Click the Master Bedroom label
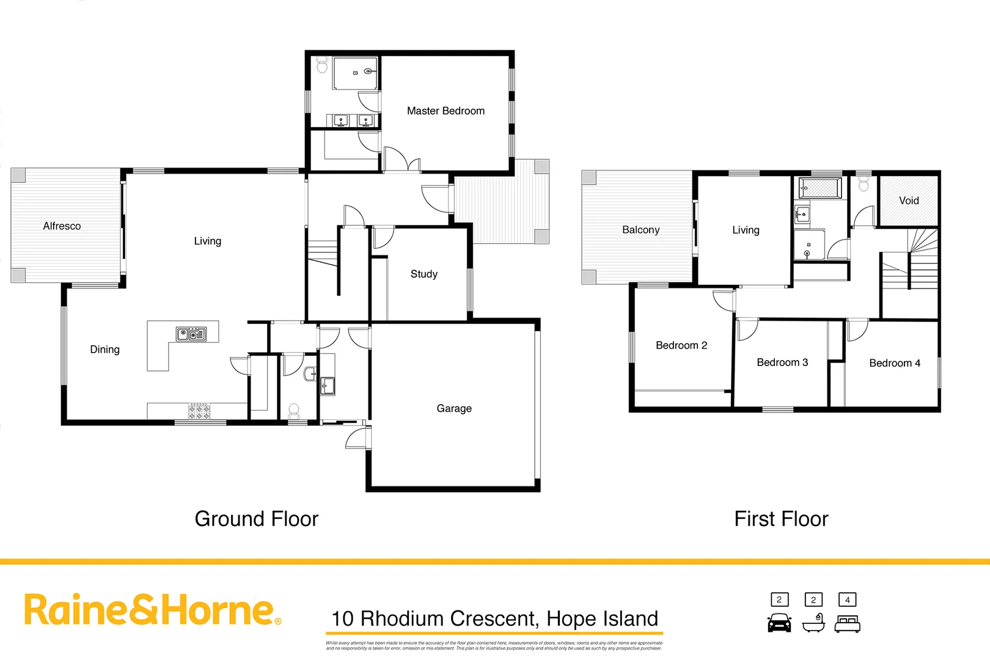[x=446, y=111]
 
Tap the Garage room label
[x=454, y=409]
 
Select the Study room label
[x=424, y=274]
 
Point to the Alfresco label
[x=62, y=226]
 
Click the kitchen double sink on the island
[x=191, y=334]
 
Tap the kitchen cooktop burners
[x=199, y=411]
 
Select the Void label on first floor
[x=909, y=200]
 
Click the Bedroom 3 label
[x=782, y=362]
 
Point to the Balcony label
[x=640, y=230]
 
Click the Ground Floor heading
[x=257, y=519]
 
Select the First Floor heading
[x=781, y=519]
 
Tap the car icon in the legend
[x=779, y=623]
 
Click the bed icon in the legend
[x=848, y=624]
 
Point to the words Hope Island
[x=602, y=618]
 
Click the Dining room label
[x=105, y=350]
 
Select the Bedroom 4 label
[x=895, y=363]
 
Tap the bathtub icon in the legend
[x=813, y=624]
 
